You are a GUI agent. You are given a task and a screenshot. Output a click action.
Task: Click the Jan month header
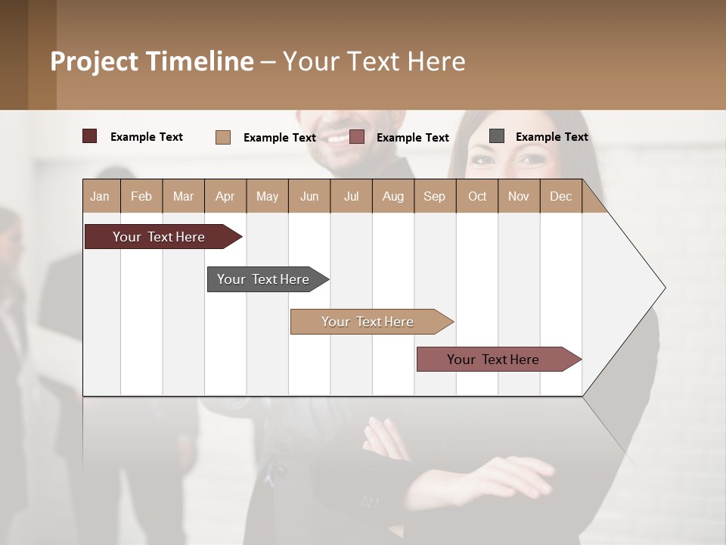click(101, 196)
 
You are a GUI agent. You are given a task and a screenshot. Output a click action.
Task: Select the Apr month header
click(225, 196)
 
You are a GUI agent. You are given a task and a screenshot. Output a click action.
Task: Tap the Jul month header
click(351, 196)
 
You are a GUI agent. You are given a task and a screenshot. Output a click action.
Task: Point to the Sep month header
click(434, 196)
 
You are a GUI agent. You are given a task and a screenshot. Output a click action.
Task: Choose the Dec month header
click(560, 196)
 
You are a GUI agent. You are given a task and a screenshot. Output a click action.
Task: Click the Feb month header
click(141, 196)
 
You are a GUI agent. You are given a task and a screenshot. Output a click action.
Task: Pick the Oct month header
click(476, 196)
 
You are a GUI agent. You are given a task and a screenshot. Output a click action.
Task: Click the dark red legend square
click(90, 136)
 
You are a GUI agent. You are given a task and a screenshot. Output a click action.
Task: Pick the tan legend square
click(223, 137)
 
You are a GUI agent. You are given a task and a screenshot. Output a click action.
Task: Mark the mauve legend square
click(357, 137)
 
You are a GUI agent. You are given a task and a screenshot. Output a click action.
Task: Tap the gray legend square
click(497, 136)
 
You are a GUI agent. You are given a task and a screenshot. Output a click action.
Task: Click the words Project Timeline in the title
click(152, 61)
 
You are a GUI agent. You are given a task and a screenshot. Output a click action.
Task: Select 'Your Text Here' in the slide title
click(374, 61)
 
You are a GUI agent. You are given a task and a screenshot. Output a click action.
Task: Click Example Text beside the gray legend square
click(551, 137)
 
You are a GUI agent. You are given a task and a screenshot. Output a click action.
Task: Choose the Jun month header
click(309, 196)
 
